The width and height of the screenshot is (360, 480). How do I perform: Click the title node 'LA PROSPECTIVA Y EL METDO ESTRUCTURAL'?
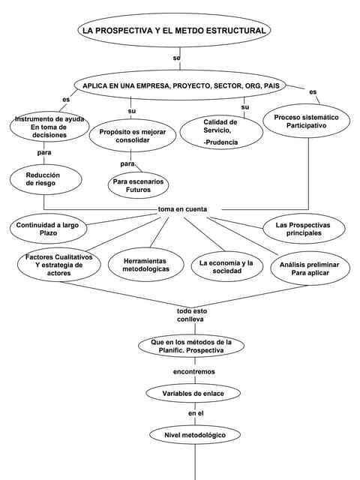click(x=173, y=31)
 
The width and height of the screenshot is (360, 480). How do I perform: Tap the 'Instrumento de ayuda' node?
click(x=49, y=127)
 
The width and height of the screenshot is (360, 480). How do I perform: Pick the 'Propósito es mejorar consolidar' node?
click(x=133, y=136)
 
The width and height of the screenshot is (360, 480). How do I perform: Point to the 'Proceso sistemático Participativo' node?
click(x=306, y=122)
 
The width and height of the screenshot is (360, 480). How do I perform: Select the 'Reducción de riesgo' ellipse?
click(x=43, y=178)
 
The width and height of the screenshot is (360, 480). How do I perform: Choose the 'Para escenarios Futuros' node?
click(x=138, y=185)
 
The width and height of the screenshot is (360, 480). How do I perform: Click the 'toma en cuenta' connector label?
click(x=182, y=209)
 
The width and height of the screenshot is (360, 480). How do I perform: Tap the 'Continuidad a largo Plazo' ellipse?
click(x=47, y=229)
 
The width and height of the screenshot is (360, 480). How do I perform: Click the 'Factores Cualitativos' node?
click(x=58, y=266)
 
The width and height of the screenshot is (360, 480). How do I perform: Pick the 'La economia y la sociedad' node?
click(x=226, y=267)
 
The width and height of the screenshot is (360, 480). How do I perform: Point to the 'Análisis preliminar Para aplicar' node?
click(x=309, y=269)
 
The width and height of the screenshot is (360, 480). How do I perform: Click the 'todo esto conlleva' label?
click(x=191, y=315)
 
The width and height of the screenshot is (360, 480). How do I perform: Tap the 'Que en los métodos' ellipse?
click(x=191, y=346)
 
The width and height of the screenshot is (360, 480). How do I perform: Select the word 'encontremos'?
click(x=193, y=371)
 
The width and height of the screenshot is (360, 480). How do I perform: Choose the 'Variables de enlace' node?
click(x=193, y=393)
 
